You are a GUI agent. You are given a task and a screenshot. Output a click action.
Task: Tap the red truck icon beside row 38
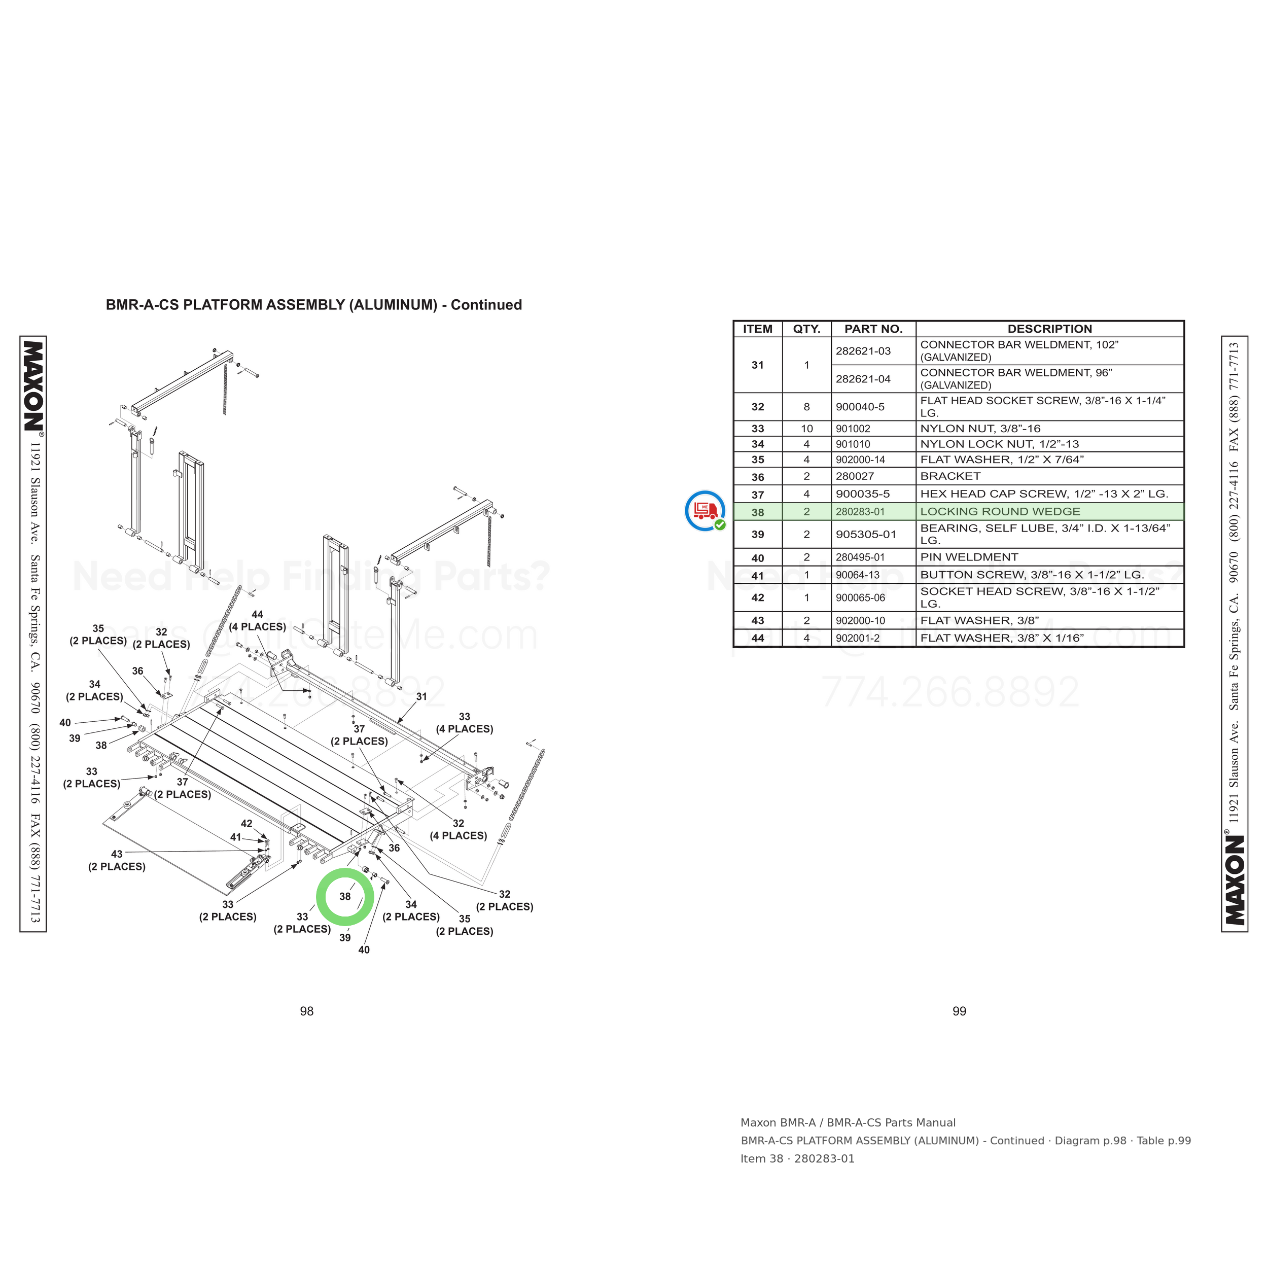(x=705, y=511)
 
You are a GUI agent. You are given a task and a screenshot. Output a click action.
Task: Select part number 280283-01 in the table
(x=860, y=512)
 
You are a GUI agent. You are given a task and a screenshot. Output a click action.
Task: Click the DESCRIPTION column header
(x=1049, y=329)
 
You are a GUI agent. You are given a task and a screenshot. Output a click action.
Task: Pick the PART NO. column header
(x=873, y=329)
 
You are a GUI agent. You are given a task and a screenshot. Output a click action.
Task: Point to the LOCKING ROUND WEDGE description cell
(x=1000, y=512)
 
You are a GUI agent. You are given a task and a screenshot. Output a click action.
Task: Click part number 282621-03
(x=863, y=351)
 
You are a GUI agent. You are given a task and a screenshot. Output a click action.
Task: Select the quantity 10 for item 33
(x=806, y=429)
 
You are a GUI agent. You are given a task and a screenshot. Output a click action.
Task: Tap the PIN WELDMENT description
(x=969, y=557)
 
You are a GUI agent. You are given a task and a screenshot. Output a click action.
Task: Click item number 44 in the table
(x=757, y=638)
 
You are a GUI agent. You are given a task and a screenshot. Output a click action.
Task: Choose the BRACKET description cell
(x=949, y=476)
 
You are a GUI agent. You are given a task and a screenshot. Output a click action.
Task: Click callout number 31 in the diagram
(x=421, y=696)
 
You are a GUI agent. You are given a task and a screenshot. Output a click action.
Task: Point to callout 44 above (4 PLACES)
(x=257, y=614)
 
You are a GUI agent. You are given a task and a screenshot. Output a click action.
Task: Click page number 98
(x=306, y=1011)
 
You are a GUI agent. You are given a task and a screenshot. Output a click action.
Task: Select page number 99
(x=959, y=1011)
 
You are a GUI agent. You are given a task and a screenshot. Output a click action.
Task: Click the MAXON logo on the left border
(x=33, y=386)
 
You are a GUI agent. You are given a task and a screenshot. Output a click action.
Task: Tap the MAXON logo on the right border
(x=1235, y=879)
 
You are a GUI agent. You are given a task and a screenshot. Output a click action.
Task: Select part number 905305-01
(x=866, y=534)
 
